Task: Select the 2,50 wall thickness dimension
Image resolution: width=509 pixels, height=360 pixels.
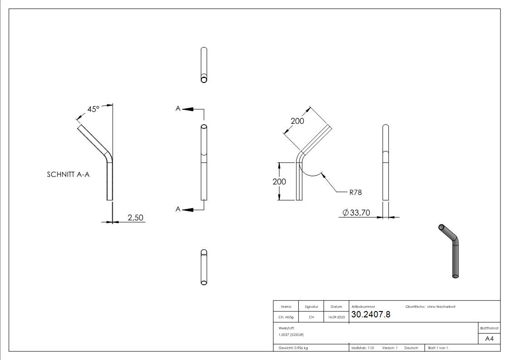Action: coord(135,218)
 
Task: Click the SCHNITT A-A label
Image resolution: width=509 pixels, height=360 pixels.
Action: coord(68,175)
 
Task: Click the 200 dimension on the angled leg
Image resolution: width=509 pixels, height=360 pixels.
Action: coord(297,121)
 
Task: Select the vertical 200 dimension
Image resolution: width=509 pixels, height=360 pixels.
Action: coord(280,181)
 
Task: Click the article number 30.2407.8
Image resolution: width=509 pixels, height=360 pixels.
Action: coord(370,315)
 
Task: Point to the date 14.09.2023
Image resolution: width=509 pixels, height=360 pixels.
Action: coord(336,317)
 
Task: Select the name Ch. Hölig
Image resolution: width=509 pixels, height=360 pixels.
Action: coord(286,317)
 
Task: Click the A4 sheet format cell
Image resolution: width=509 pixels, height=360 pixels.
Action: coord(490,339)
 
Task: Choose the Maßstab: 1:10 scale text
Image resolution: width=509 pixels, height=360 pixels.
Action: coord(363,348)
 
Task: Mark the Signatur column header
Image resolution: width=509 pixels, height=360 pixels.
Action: coord(311,307)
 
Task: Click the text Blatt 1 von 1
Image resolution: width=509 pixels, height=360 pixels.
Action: coord(438,348)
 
